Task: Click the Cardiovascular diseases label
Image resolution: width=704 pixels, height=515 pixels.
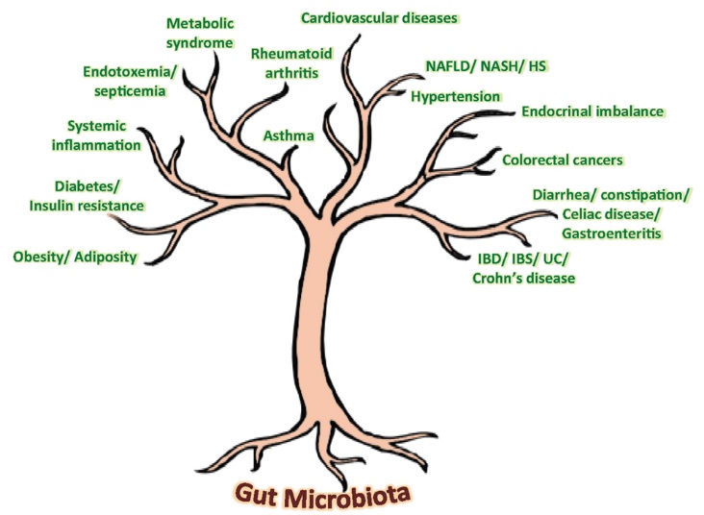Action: (379, 18)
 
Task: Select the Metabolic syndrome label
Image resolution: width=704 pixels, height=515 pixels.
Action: (200, 34)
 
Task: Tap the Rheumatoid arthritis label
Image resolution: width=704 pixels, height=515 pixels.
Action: (291, 63)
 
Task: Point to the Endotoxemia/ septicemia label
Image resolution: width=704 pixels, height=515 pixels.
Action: (130, 82)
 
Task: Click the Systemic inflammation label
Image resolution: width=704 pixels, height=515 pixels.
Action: (96, 135)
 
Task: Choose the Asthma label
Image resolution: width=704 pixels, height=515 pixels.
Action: (289, 135)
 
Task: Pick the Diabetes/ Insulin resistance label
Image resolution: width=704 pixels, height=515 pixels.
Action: (88, 196)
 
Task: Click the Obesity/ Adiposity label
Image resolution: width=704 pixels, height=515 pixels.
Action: (75, 257)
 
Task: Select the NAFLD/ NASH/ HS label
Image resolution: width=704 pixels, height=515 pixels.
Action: (487, 66)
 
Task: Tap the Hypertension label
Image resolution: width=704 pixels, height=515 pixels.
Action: (456, 97)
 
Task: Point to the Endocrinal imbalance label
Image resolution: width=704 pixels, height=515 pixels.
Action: (592, 111)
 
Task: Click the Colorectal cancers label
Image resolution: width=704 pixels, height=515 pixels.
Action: (563, 160)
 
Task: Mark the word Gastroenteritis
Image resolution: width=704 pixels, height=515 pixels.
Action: (612, 233)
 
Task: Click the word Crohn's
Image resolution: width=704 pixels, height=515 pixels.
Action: (497, 278)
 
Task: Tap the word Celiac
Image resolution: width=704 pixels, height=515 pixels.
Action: (582, 214)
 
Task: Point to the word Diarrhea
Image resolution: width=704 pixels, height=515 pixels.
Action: (565, 196)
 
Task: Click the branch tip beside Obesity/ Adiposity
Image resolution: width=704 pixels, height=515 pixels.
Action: (147, 262)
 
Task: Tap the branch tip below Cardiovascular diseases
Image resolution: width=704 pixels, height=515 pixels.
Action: (359, 36)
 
